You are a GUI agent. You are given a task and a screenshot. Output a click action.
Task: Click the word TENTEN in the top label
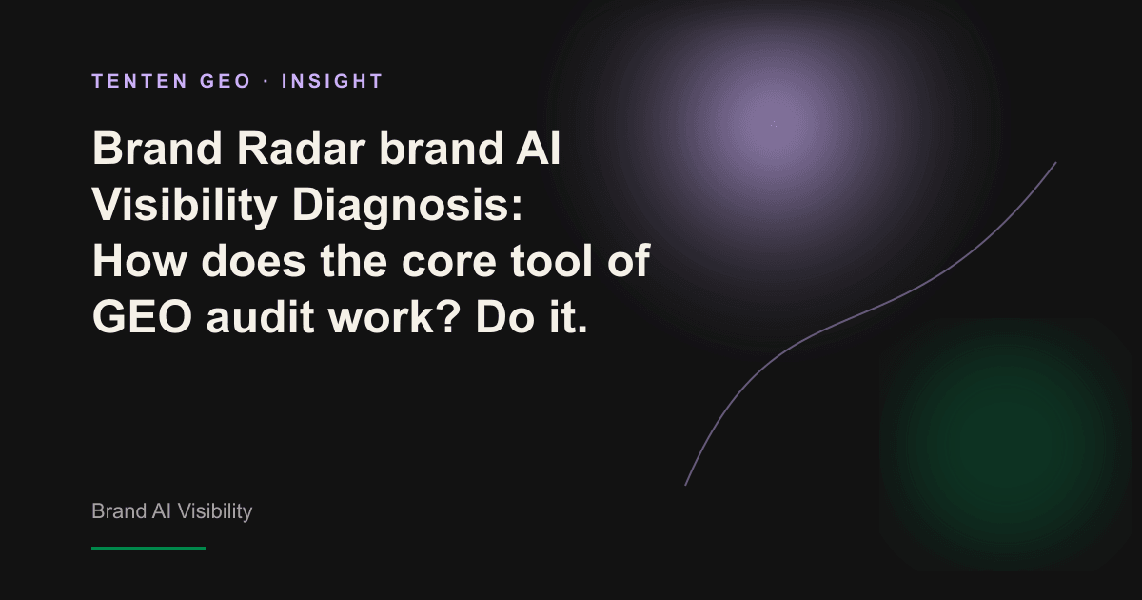(x=140, y=81)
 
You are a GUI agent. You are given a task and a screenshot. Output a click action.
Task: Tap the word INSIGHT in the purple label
(x=332, y=81)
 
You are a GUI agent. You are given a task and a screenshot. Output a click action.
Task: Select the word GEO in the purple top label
(x=225, y=81)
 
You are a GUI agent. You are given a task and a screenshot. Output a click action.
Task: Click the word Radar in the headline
(x=302, y=149)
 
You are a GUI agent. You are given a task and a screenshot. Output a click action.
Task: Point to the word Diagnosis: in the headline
(x=407, y=205)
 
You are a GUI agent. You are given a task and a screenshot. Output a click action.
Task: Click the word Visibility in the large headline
(x=185, y=205)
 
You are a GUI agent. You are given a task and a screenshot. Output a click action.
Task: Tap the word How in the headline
(x=139, y=261)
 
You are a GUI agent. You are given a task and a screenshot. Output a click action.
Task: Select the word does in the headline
(x=253, y=261)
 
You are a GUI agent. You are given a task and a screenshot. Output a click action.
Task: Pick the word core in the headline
(x=449, y=262)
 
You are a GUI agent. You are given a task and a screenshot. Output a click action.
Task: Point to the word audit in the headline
(x=260, y=316)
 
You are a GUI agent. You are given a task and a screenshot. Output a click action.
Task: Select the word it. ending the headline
(x=568, y=316)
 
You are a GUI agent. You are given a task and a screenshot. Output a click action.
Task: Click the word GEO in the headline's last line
(x=142, y=316)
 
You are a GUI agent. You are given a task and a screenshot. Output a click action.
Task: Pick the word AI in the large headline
(x=538, y=149)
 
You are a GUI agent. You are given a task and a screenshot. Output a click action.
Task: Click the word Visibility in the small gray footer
(x=215, y=511)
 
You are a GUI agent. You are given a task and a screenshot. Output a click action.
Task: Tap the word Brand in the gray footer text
(x=119, y=511)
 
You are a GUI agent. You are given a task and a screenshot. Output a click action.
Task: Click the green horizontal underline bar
(x=148, y=549)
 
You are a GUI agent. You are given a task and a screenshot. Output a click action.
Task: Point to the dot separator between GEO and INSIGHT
(x=266, y=82)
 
